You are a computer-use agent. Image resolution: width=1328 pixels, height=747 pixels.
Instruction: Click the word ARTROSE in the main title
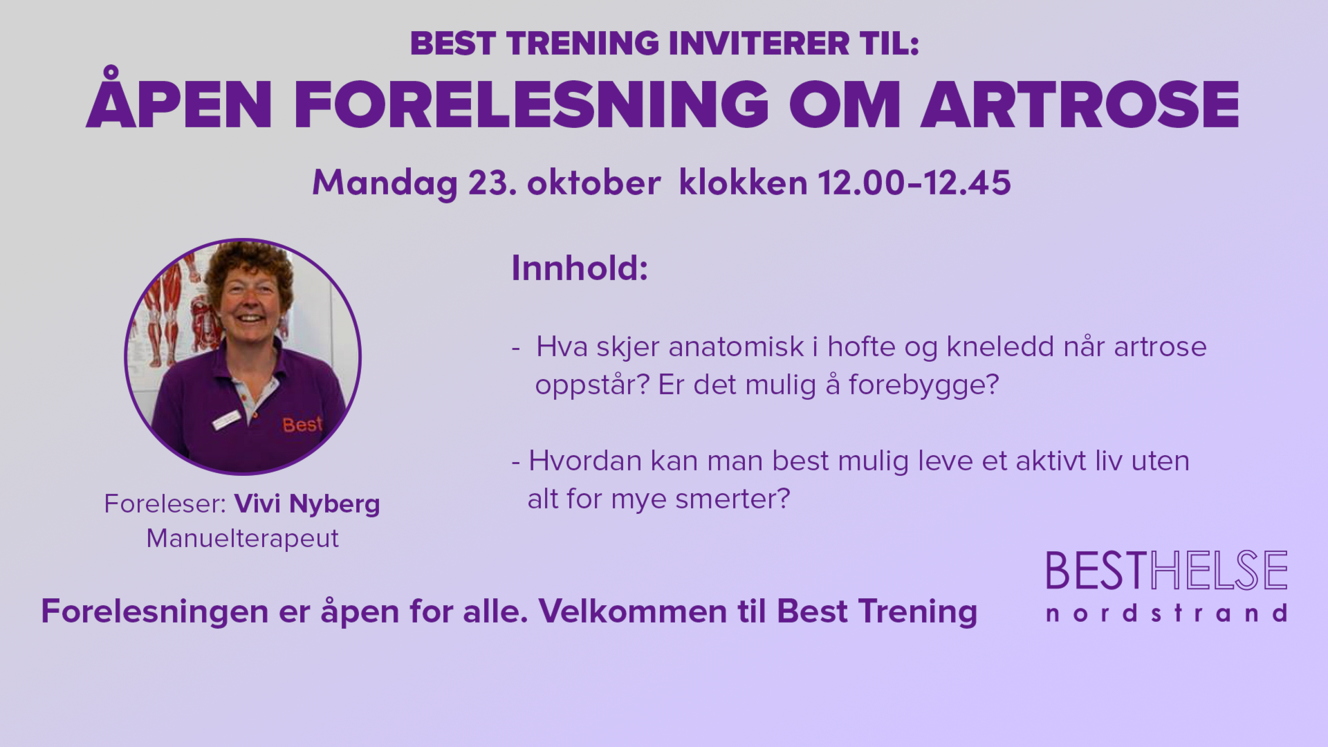(1080, 104)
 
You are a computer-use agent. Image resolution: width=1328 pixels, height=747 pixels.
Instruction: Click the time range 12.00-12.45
(914, 183)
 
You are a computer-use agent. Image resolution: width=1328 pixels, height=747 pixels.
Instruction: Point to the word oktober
(593, 183)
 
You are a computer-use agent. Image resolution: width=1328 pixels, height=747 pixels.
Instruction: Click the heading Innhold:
(580, 268)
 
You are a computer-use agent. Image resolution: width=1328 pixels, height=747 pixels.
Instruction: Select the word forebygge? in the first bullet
(923, 385)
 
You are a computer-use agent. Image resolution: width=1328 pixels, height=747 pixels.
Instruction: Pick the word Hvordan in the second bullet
(585, 461)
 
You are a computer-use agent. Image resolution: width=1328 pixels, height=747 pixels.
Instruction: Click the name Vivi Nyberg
(307, 504)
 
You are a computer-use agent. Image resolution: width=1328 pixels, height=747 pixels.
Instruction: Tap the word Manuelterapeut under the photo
(242, 538)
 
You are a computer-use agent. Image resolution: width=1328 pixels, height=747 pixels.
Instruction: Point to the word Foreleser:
(165, 504)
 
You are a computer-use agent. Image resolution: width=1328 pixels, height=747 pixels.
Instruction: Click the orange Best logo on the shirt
(302, 424)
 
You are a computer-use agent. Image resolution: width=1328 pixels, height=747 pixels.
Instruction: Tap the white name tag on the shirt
(226, 419)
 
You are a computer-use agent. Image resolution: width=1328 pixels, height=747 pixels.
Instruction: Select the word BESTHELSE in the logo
(1166, 571)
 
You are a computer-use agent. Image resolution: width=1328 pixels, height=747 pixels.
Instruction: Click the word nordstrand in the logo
(1166, 614)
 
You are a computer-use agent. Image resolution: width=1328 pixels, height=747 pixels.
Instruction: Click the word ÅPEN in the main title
(178, 98)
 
